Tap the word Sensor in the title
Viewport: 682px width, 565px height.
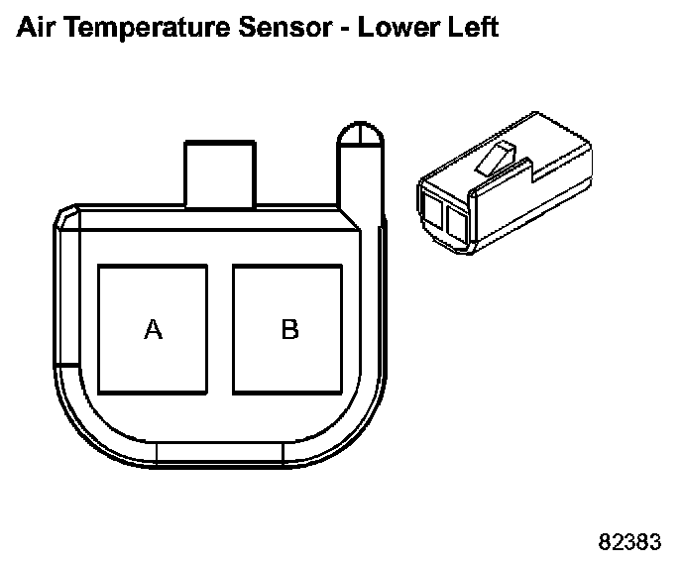[x=285, y=28]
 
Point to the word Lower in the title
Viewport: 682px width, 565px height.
[x=398, y=28]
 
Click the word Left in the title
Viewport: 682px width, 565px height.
[x=473, y=28]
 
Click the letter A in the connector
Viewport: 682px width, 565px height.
[x=153, y=329]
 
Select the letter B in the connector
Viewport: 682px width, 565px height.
[x=290, y=329]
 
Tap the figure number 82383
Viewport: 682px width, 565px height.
[x=629, y=542]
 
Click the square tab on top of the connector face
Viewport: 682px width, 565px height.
[x=220, y=173]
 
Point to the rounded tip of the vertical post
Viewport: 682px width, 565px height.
[x=361, y=134]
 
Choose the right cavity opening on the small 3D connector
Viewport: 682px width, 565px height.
[x=456, y=225]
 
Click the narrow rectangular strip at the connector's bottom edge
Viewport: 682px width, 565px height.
[x=220, y=453]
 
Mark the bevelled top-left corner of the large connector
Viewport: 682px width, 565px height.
[x=66, y=216]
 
